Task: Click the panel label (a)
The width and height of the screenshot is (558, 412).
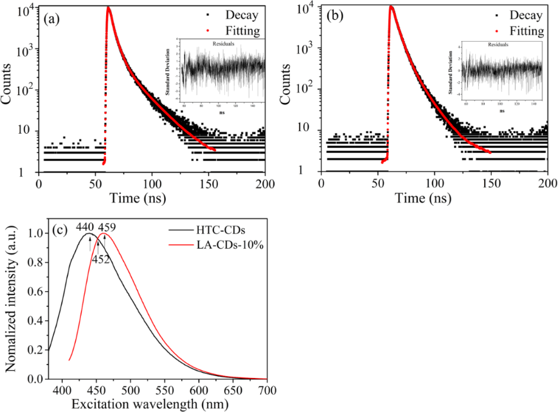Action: (51, 19)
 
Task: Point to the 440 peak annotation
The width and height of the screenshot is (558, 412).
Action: (85, 227)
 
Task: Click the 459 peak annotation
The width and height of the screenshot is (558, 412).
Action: (106, 227)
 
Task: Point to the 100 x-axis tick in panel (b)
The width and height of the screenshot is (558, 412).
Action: (435, 183)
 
